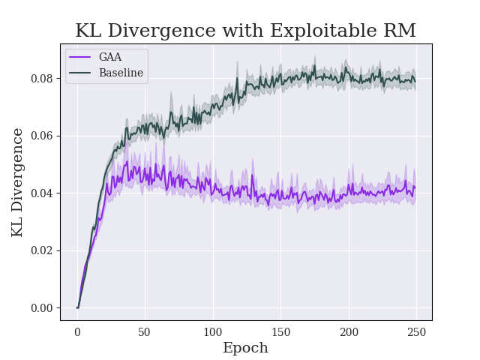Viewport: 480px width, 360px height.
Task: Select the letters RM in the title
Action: point(399,31)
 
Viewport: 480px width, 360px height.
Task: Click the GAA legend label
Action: point(110,58)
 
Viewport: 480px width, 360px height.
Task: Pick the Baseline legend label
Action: point(121,73)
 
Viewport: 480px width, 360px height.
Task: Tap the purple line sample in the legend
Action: point(81,58)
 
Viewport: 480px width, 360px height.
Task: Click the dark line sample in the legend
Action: point(81,73)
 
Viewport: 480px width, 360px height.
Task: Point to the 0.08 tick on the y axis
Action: point(42,79)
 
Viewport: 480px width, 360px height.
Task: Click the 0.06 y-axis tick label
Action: point(42,136)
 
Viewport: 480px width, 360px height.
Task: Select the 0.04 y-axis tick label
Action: point(42,193)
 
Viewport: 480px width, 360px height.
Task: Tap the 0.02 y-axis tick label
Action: point(42,250)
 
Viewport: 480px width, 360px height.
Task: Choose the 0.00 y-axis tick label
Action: point(42,308)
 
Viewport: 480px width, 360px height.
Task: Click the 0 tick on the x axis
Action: point(77,332)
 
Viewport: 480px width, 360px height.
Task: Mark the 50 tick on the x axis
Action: point(145,332)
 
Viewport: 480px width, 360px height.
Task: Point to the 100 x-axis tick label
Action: point(213,332)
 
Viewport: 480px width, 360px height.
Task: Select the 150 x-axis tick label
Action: point(280,332)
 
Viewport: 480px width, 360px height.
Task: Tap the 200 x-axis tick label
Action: point(349,332)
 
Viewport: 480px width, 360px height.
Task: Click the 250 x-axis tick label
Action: point(416,332)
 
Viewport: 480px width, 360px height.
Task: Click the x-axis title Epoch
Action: point(245,348)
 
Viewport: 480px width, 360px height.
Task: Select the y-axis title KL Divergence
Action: point(18,182)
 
